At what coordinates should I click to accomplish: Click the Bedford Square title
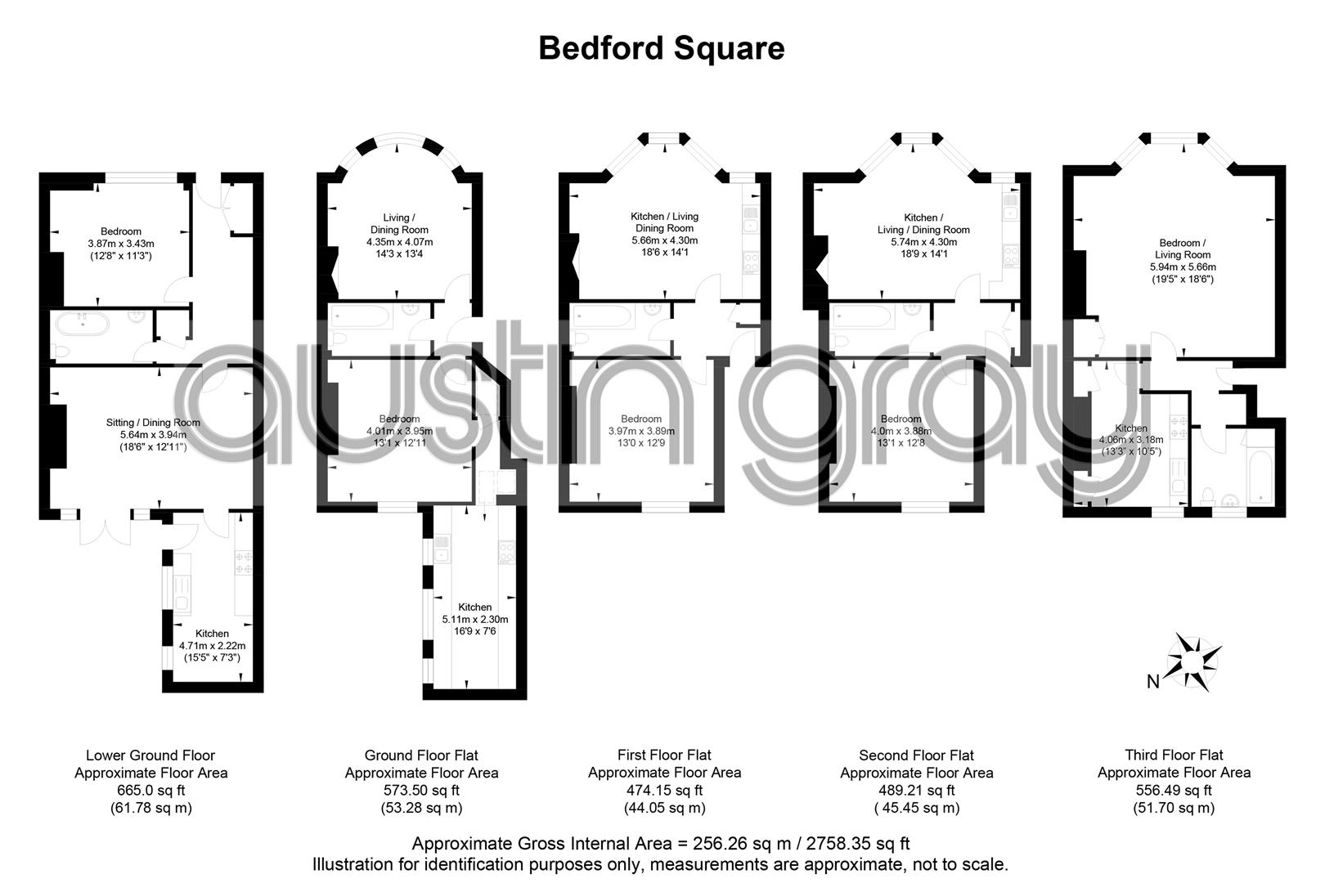point(661,48)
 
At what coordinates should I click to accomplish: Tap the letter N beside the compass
point(1152,682)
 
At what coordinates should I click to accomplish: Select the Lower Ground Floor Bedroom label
point(121,231)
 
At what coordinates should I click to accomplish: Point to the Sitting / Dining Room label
point(153,423)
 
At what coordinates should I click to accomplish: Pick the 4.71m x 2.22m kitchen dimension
point(213,646)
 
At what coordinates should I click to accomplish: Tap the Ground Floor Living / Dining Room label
point(400,223)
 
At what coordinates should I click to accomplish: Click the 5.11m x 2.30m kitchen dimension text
point(475,619)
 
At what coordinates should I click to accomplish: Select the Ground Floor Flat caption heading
point(421,755)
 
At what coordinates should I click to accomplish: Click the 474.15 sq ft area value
point(664,791)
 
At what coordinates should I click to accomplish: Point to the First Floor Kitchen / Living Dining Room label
point(664,222)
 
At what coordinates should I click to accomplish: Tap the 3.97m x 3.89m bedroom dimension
point(641,432)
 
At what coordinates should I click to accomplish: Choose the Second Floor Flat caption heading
point(916,755)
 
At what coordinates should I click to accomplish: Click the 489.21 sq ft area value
point(916,791)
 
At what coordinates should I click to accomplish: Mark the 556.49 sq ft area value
point(1174,791)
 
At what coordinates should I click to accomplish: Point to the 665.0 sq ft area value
point(151,791)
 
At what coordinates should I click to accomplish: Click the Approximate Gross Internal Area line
point(661,844)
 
